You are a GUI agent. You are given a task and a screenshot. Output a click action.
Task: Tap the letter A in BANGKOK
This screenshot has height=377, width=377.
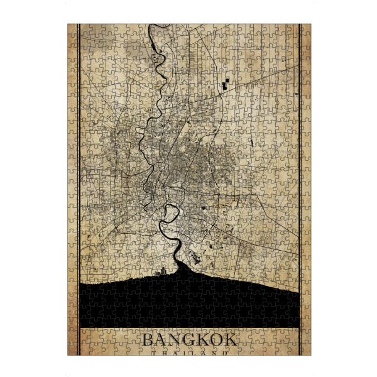click(160, 340)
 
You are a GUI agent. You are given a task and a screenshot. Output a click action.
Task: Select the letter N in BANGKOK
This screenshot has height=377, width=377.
click(174, 340)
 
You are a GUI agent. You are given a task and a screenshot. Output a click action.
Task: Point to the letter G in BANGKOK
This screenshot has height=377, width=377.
click(188, 340)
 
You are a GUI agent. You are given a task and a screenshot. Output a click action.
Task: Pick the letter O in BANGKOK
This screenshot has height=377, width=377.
click(216, 340)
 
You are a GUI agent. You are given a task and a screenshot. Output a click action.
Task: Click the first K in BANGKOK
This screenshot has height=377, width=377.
click(202, 340)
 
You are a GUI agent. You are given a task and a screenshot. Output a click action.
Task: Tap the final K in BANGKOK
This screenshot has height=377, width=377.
click(231, 340)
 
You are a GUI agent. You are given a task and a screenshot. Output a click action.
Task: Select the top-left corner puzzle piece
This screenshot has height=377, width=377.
click(72, 29)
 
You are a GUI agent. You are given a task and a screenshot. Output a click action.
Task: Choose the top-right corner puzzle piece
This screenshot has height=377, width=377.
click(305, 29)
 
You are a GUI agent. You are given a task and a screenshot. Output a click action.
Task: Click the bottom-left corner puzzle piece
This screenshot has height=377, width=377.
click(72, 350)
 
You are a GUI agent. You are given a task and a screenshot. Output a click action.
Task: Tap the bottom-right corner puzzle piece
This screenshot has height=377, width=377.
click(305, 350)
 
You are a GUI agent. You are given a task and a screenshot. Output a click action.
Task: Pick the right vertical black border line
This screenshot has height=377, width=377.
click(300, 188)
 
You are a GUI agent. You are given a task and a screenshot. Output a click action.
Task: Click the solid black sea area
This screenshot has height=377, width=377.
click(188, 302)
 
